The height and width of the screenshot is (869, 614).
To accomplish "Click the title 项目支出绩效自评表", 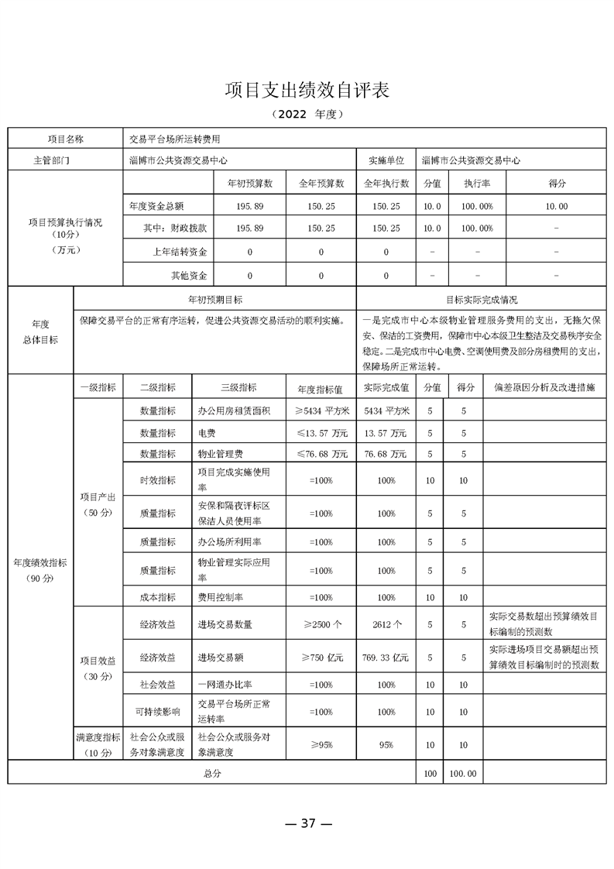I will (307, 89).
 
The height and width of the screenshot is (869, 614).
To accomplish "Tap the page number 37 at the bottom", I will (308, 823).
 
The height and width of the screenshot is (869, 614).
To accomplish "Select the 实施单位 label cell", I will (386, 160).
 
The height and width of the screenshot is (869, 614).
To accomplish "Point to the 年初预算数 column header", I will (250, 184).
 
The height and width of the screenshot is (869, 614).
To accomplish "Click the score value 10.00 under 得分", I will (557, 207).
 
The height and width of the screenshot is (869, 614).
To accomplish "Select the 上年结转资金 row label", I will (185, 252).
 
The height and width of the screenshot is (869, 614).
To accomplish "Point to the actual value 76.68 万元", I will (386, 455).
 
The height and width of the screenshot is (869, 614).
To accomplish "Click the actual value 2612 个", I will (386, 623).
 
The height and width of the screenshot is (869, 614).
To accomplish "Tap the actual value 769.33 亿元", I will (386, 658).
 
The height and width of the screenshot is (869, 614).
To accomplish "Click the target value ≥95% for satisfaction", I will (321, 745).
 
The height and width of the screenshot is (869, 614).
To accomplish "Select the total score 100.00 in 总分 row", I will (463, 773).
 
